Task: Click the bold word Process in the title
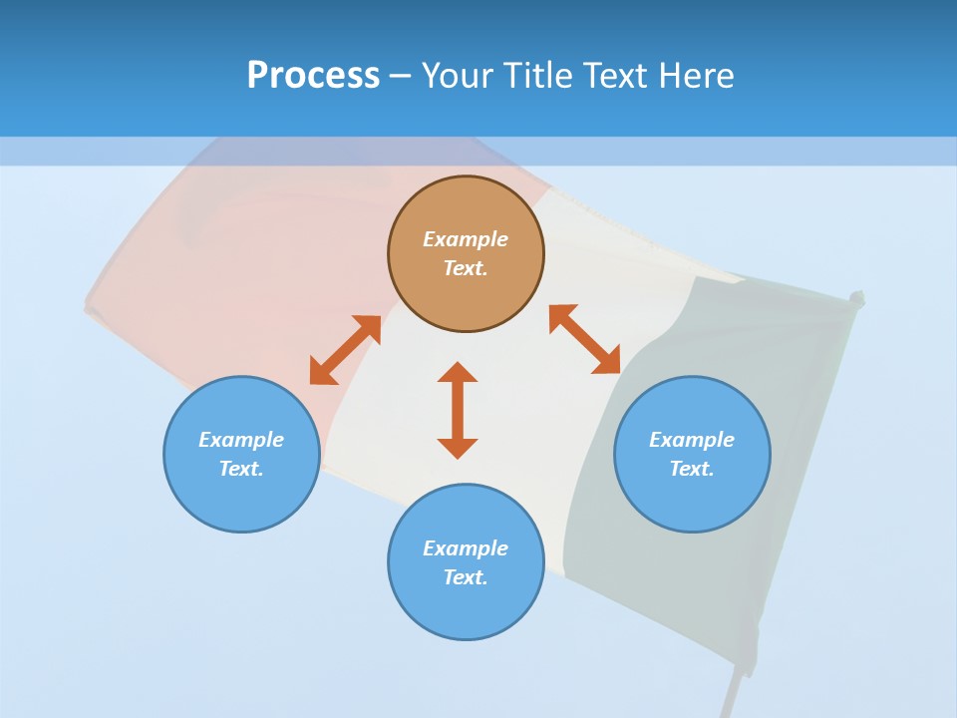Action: (x=313, y=76)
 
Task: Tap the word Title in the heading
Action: (x=542, y=76)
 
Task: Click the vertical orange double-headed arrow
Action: (x=458, y=410)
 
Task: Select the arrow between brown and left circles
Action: (x=345, y=350)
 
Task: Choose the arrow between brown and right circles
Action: (x=585, y=339)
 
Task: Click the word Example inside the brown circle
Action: (x=466, y=239)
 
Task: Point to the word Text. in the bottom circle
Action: (x=466, y=577)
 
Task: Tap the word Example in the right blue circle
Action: (x=692, y=440)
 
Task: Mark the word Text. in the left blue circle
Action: (x=241, y=469)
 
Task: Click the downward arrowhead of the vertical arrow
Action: (x=458, y=448)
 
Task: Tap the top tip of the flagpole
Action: (x=856, y=295)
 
